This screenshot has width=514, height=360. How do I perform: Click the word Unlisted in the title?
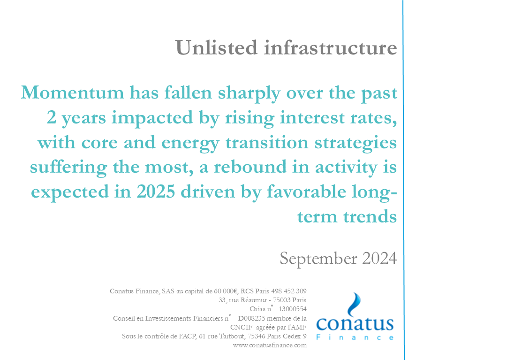217,47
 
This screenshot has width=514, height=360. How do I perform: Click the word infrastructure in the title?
331,47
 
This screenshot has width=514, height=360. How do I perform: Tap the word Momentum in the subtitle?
72,92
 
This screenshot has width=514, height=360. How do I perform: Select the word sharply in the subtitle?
249,93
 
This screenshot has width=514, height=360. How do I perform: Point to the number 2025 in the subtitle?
156,191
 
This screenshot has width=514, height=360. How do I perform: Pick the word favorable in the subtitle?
307,191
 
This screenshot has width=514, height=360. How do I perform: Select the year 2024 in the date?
379,258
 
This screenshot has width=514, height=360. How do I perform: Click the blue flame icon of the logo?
354,304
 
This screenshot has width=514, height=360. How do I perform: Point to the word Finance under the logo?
355,337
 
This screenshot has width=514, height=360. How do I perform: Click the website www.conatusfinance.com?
270,345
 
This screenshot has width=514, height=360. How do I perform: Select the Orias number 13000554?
292,309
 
